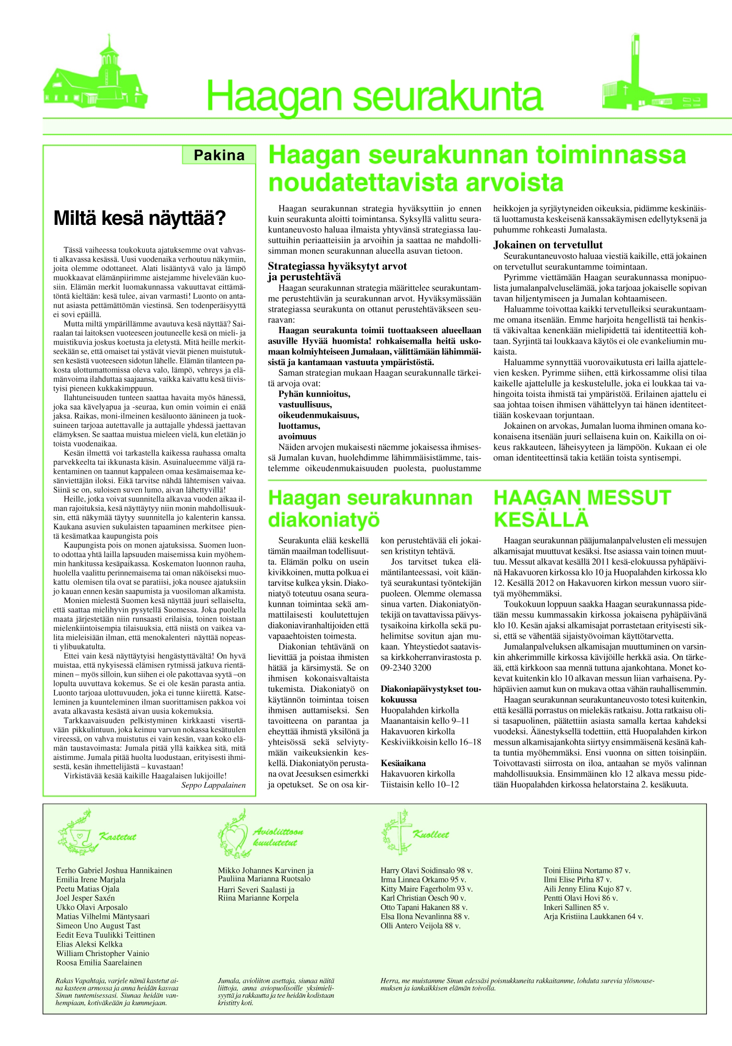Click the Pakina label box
point(219,155)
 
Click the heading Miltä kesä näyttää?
point(140,218)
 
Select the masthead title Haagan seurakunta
point(374,97)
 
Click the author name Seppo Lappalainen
point(213,785)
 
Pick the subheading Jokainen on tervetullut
point(548,245)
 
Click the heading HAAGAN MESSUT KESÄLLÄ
point(582,509)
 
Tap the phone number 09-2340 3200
point(406,668)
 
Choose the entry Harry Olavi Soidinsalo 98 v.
point(427,870)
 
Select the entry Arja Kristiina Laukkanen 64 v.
point(593,916)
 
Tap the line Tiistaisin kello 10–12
point(420,784)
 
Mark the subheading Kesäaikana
point(403,763)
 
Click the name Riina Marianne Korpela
point(258,898)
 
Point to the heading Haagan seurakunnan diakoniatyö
point(370,509)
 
